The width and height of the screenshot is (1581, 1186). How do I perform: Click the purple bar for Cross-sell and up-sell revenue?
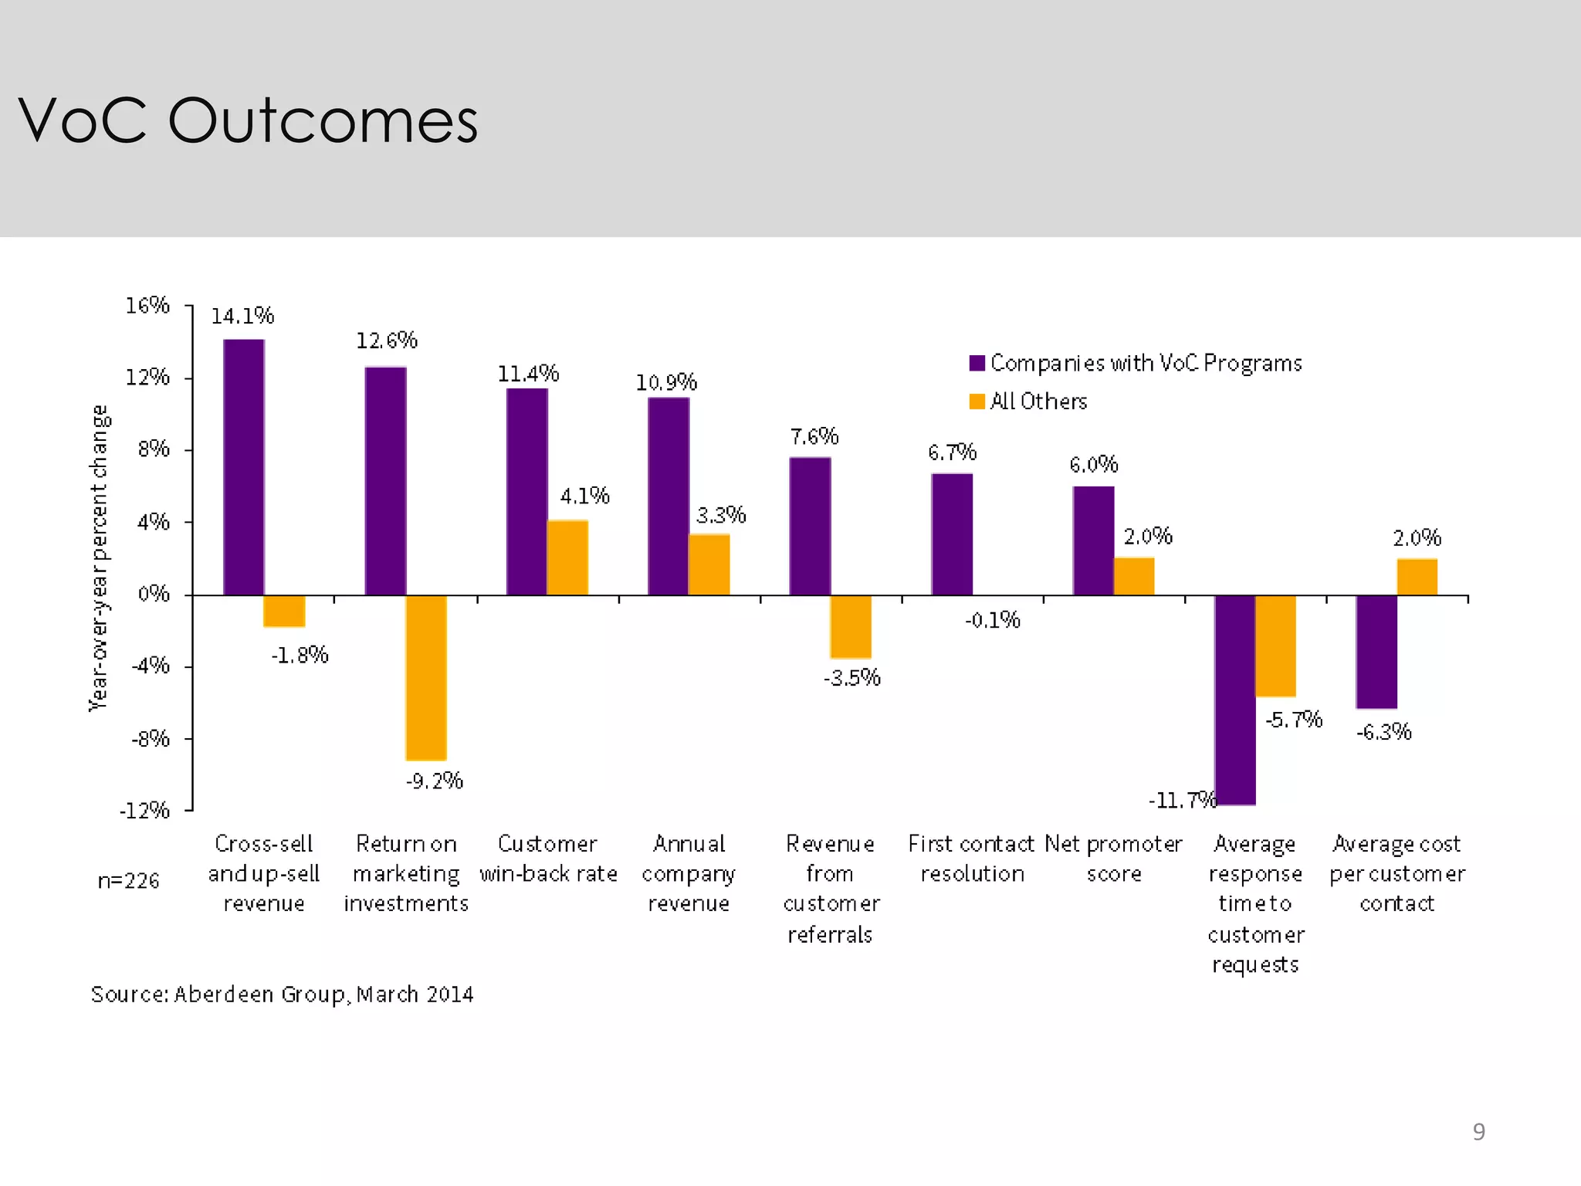click(244, 467)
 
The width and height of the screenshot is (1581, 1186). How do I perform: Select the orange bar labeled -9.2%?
click(426, 677)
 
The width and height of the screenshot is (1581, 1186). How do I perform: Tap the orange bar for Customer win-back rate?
click(567, 557)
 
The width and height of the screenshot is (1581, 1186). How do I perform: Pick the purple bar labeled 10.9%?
click(669, 496)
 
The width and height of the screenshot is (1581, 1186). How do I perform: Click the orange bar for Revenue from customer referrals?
click(851, 626)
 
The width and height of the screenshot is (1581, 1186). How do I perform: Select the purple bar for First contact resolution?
click(952, 534)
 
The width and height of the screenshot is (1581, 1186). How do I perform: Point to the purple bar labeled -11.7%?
click(1234, 700)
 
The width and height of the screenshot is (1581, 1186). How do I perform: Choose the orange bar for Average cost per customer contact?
click(1417, 577)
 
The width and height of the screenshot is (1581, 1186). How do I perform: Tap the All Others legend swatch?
click(977, 402)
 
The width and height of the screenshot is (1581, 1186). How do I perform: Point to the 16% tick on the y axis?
click(148, 306)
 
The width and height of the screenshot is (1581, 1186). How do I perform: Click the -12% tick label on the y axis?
click(144, 810)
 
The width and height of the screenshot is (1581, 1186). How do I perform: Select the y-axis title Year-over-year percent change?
click(100, 557)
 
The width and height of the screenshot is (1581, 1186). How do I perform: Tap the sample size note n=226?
click(128, 880)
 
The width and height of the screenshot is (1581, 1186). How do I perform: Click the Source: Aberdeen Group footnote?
click(283, 994)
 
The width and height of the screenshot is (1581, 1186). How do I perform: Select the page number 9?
click(1478, 1131)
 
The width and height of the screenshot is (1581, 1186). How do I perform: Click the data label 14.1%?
click(242, 316)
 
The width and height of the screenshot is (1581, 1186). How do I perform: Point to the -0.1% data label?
click(993, 620)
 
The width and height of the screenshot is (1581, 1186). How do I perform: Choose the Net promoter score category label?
click(1113, 859)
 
